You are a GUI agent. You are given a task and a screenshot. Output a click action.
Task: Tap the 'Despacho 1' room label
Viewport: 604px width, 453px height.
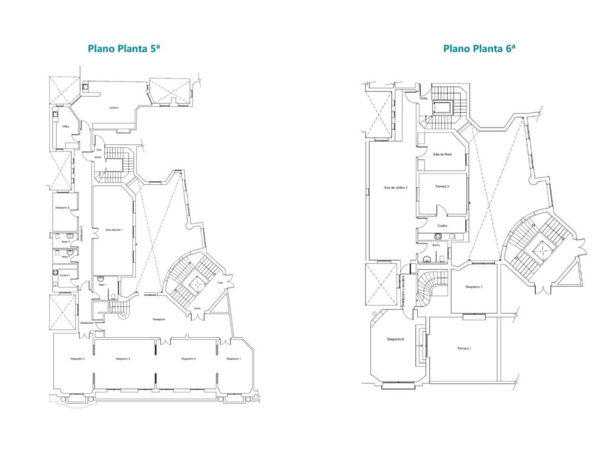pos(234,359)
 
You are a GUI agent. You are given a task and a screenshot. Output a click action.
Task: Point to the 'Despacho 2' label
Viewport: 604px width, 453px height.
pos(188,359)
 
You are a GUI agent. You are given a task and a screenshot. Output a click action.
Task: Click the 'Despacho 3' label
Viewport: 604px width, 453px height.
pos(123,359)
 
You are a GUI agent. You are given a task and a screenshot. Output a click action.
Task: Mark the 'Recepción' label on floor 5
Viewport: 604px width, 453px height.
pos(159,319)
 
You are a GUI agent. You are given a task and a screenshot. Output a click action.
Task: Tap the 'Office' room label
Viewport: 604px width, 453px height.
pos(66,126)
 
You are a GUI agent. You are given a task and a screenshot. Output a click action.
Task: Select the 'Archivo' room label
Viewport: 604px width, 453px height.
pos(114,108)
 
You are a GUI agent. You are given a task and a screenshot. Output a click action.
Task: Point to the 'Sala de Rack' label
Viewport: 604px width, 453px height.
pos(442,154)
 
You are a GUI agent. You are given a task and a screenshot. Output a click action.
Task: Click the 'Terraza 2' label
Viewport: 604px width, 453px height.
pos(442,186)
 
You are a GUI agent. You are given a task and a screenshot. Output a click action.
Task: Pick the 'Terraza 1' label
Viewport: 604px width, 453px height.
pos(464,349)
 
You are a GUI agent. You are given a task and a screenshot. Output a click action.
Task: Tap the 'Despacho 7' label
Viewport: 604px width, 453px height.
pos(473,287)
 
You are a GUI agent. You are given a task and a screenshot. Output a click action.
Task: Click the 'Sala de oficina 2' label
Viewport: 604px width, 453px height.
pos(395,187)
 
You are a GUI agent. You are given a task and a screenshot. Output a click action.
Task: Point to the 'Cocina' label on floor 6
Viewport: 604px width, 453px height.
pos(442,226)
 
